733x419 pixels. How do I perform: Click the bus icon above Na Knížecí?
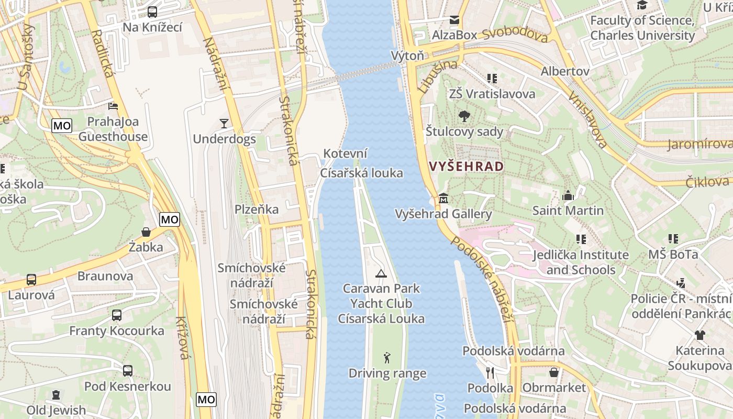pyautogui.click(x=152, y=12)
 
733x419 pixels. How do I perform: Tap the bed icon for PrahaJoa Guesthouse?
pyautogui.click(x=113, y=106)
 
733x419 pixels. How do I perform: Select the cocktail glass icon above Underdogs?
pyautogui.click(x=224, y=124)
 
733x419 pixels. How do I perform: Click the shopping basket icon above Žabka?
pyautogui.click(x=146, y=231)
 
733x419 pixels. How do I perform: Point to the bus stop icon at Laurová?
pyautogui.click(x=31, y=280)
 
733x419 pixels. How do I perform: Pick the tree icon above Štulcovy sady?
pyautogui.click(x=464, y=116)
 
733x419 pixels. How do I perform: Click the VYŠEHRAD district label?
pyautogui.click(x=467, y=167)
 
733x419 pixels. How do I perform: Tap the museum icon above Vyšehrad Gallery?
pyautogui.click(x=443, y=199)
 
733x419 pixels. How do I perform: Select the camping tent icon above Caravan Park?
pyautogui.click(x=381, y=273)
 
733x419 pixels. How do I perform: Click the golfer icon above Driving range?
pyautogui.click(x=387, y=358)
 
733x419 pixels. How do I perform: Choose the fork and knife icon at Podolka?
pyautogui.click(x=490, y=372)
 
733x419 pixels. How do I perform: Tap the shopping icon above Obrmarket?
pyautogui.click(x=554, y=372)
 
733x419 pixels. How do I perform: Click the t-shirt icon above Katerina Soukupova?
pyautogui.click(x=700, y=335)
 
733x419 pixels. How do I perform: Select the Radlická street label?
pyautogui.click(x=102, y=52)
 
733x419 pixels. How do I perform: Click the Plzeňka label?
pyautogui.click(x=257, y=210)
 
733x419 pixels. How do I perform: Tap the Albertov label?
pyautogui.click(x=565, y=71)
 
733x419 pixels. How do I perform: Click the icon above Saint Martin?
pyautogui.click(x=568, y=196)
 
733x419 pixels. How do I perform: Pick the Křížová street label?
pyautogui.click(x=182, y=338)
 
